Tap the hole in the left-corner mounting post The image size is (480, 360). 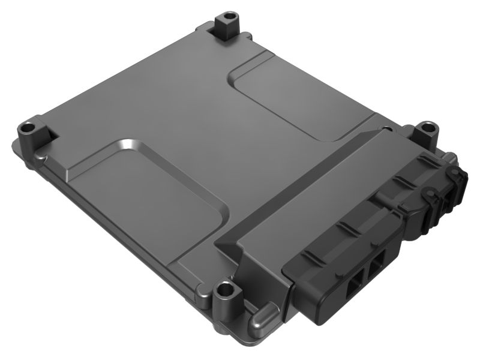coord(28,127)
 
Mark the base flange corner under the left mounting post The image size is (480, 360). coord(18,147)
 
